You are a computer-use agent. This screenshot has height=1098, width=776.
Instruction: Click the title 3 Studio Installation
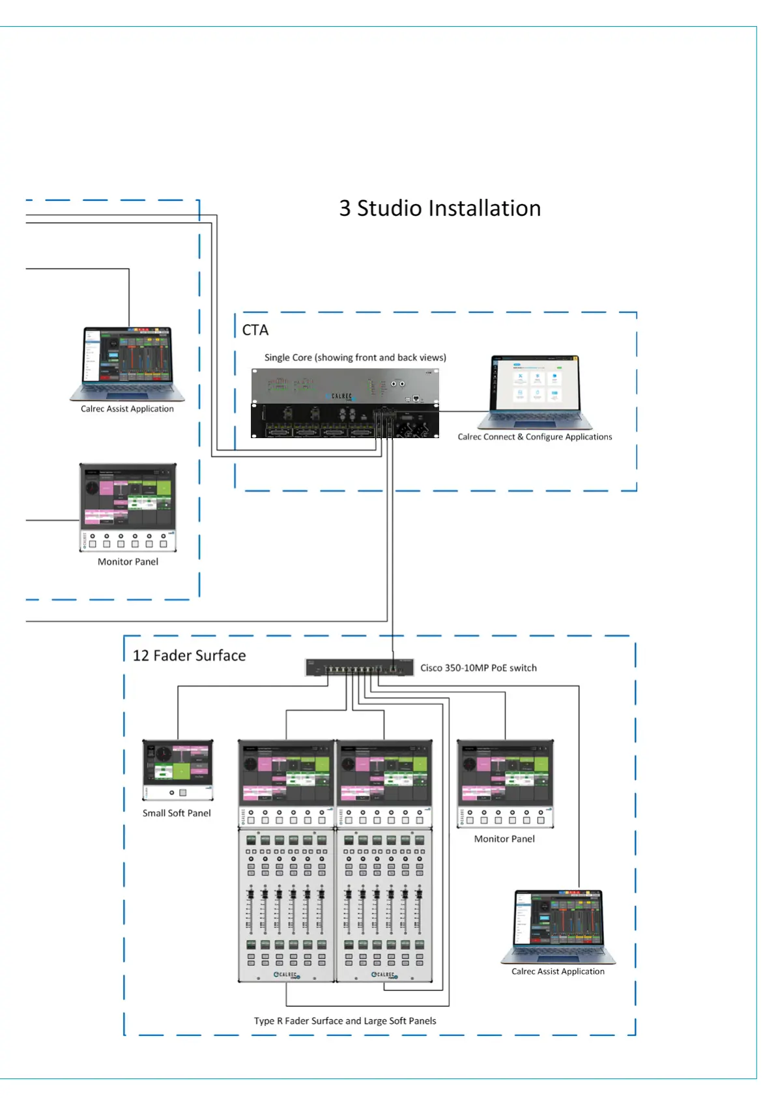[x=440, y=209]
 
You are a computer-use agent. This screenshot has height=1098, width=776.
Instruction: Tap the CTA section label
[x=255, y=330]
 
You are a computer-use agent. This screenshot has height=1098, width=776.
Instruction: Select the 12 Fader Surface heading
[x=189, y=655]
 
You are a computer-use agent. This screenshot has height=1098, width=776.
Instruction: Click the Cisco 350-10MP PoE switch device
[x=359, y=668]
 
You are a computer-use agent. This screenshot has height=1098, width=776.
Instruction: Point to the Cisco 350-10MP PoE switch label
[x=478, y=668]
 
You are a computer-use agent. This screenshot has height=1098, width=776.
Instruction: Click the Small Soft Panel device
[x=178, y=770]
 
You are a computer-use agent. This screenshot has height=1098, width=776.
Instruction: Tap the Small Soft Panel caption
[x=177, y=813]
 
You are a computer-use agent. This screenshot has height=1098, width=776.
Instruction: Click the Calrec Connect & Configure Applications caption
[x=535, y=437]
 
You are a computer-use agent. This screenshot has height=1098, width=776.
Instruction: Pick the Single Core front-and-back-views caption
[x=355, y=357]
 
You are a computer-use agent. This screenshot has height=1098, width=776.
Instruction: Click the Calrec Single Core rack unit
[x=345, y=403]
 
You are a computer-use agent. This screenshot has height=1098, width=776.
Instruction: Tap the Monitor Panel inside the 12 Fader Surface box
[x=505, y=783]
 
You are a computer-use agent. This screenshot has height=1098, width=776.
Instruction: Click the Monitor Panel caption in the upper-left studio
[x=128, y=561]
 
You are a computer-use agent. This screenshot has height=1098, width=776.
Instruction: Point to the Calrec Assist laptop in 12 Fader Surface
[x=558, y=927]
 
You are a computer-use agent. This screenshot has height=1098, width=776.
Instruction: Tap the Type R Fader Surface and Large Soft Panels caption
[x=345, y=1021]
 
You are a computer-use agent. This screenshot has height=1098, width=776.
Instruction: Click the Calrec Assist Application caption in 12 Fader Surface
[x=558, y=972]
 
